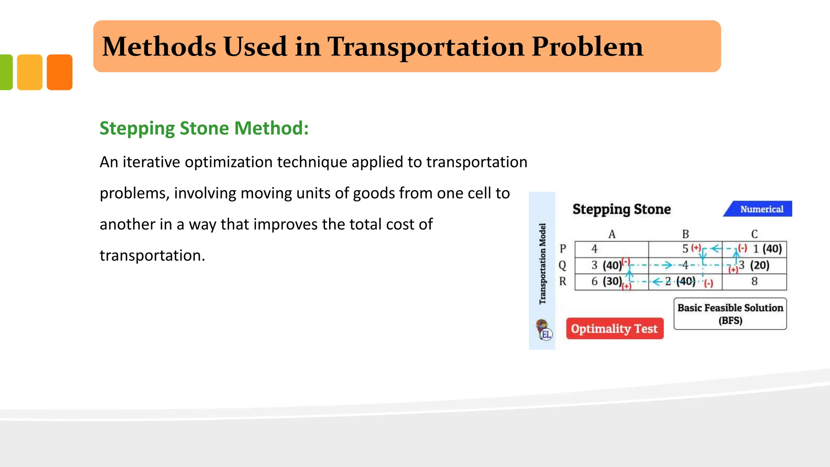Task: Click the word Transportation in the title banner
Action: (x=426, y=47)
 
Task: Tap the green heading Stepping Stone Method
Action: (x=204, y=129)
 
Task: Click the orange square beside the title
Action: (x=60, y=72)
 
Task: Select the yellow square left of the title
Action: (x=30, y=72)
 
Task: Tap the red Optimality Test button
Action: (x=614, y=329)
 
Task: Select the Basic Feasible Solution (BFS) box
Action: (x=730, y=314)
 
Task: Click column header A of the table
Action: (x=612, y=234)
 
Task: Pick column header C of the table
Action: (x=754, y=234)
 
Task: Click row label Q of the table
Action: (x=563, y=266)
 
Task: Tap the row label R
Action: (x=563, y=281)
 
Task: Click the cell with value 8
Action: (x=754, y=282)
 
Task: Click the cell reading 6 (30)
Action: (x=606, y=281)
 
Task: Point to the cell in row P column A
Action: (x=611, y=249)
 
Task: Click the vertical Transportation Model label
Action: (x=542, y=263)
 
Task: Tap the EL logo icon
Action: (x=544, y=330)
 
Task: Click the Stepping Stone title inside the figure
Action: (x=621, y=209)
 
